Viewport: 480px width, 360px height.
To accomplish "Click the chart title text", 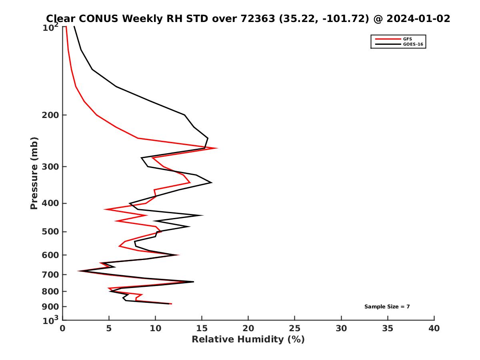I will pyautogui.click(x=248, y=18).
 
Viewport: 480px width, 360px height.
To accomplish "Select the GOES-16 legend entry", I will pyautogui.click(x=412, y=44).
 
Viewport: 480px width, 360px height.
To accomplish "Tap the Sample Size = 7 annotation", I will pyautogui.click(x=387, y=307).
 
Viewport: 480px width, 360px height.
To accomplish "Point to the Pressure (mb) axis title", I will pyautogui.click(x=34, y=173).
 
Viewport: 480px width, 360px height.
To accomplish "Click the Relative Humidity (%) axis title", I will pyautogui.click(x=248, y=340).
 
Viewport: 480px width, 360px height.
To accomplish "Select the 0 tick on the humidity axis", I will pyautogui.click(x=62, y=328).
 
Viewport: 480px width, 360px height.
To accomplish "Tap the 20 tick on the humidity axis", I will pyautogui.click(x=248, y=328).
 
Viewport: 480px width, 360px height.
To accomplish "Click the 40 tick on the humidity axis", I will pyautogui.click(x=434, y=328).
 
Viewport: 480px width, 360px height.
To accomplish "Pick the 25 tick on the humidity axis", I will pyautogui.click(x=295, y=328).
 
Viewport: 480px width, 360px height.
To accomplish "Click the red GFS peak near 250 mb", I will pyautogui.click(x=217, y=148).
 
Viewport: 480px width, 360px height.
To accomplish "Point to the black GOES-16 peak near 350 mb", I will pyautogui.click(x=211, y=183).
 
